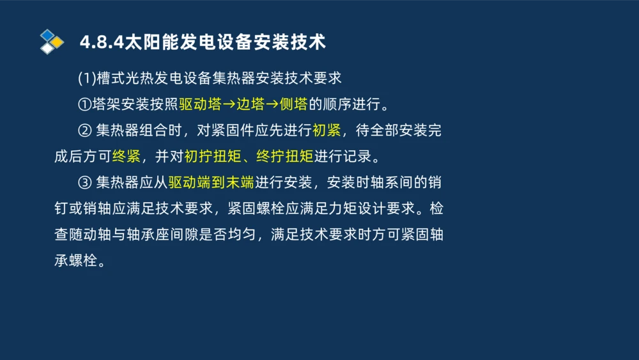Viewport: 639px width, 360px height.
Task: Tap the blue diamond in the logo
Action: click(x=48, y=35)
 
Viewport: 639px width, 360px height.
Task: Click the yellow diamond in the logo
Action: click(x=57, y=42)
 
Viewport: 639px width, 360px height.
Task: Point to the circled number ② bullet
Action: click(x=85, y=130)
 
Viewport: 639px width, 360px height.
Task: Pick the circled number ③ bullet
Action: click(x=85, y=183)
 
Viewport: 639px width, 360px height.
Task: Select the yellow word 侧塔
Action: click(x=293, y=104)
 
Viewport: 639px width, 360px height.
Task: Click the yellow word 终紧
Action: click(x=126, y=157)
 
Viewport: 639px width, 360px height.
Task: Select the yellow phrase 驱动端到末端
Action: click(x=211, y=183)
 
